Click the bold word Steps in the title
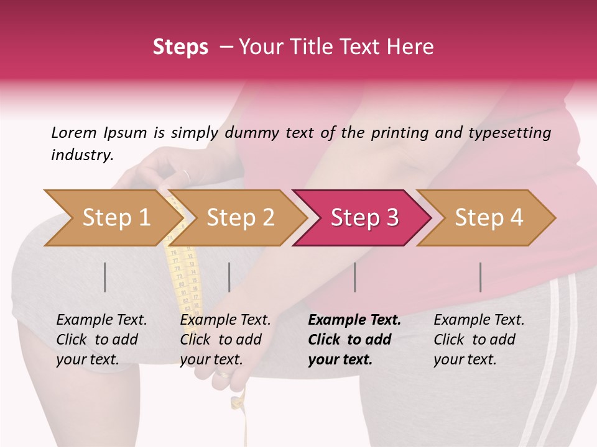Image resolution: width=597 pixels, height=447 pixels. click(180, 47)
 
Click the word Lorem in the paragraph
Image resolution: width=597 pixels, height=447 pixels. click(73, 132)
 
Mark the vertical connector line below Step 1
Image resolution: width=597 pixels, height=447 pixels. click(105, 277)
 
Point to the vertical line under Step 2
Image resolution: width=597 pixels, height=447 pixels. click(229, 277)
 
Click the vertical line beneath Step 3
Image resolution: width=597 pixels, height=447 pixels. click(354, 277)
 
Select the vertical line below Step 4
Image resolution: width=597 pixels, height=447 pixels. click(480, 277)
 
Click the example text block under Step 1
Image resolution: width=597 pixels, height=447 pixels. click(101, 340)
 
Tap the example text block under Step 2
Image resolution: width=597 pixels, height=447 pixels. click(225, 340)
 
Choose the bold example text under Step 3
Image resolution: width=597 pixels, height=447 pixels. click(354, 340)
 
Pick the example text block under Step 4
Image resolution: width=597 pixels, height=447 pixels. click(479, 340)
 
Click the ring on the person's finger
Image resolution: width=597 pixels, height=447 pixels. click(186, 174)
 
